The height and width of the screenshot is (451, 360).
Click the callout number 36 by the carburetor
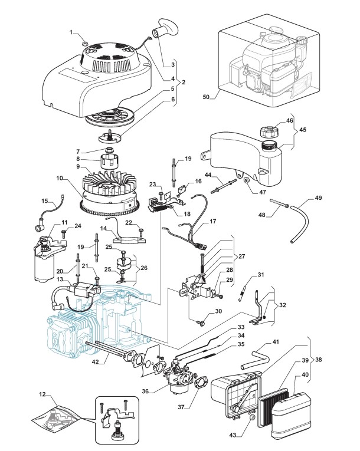click(x=145, y=390)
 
